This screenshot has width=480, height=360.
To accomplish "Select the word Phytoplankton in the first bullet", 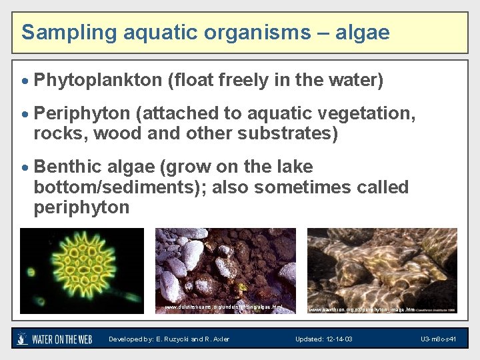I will [x=97, y=81].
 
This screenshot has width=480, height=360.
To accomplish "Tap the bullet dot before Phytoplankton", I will [x=26, y=81].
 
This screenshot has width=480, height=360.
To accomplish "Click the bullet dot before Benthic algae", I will [x=26, y=167].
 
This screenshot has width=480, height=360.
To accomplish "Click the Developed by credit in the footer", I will [x=169, y=339].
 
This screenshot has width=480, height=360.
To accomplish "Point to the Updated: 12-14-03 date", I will [x=324, y=339].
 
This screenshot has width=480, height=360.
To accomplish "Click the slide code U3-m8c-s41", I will [x=438, y=339].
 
